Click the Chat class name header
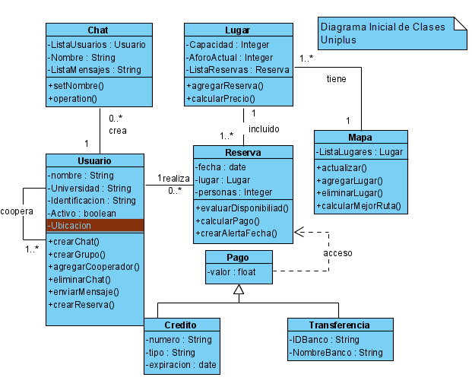pyautogui.click(x=98, y=30)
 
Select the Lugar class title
pyautogui.click(x=237, y=30)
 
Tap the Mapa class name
pyautogui.click(x=360, y=138)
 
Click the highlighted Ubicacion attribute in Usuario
pyautogui.click(x=94, y=225)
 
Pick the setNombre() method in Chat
pyautogui.click(x=76, y=86)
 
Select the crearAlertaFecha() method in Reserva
pyautogui.click(x=236, y=233)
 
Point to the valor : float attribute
pyautogui.click(x=232, y=271)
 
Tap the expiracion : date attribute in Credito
pyautogui.click(x=182, y=366)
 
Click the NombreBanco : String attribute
pyautogui.click(x=337, y=352)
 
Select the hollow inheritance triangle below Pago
pyautogui.click(x=238, y=289)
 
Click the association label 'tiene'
pyautogui.click(x=336, y=78)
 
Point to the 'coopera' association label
pyautogui.click(x=15, y=211)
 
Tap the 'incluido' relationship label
pyautogui.click(x=264, y=128)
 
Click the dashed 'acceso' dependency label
pyautogui.click(x=337, y=252)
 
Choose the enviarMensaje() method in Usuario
pyautogui.click(x=84, y=291)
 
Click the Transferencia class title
pyautogui.click(x=341, y=325)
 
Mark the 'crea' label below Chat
pyautogui.click(x=117, y=130)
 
